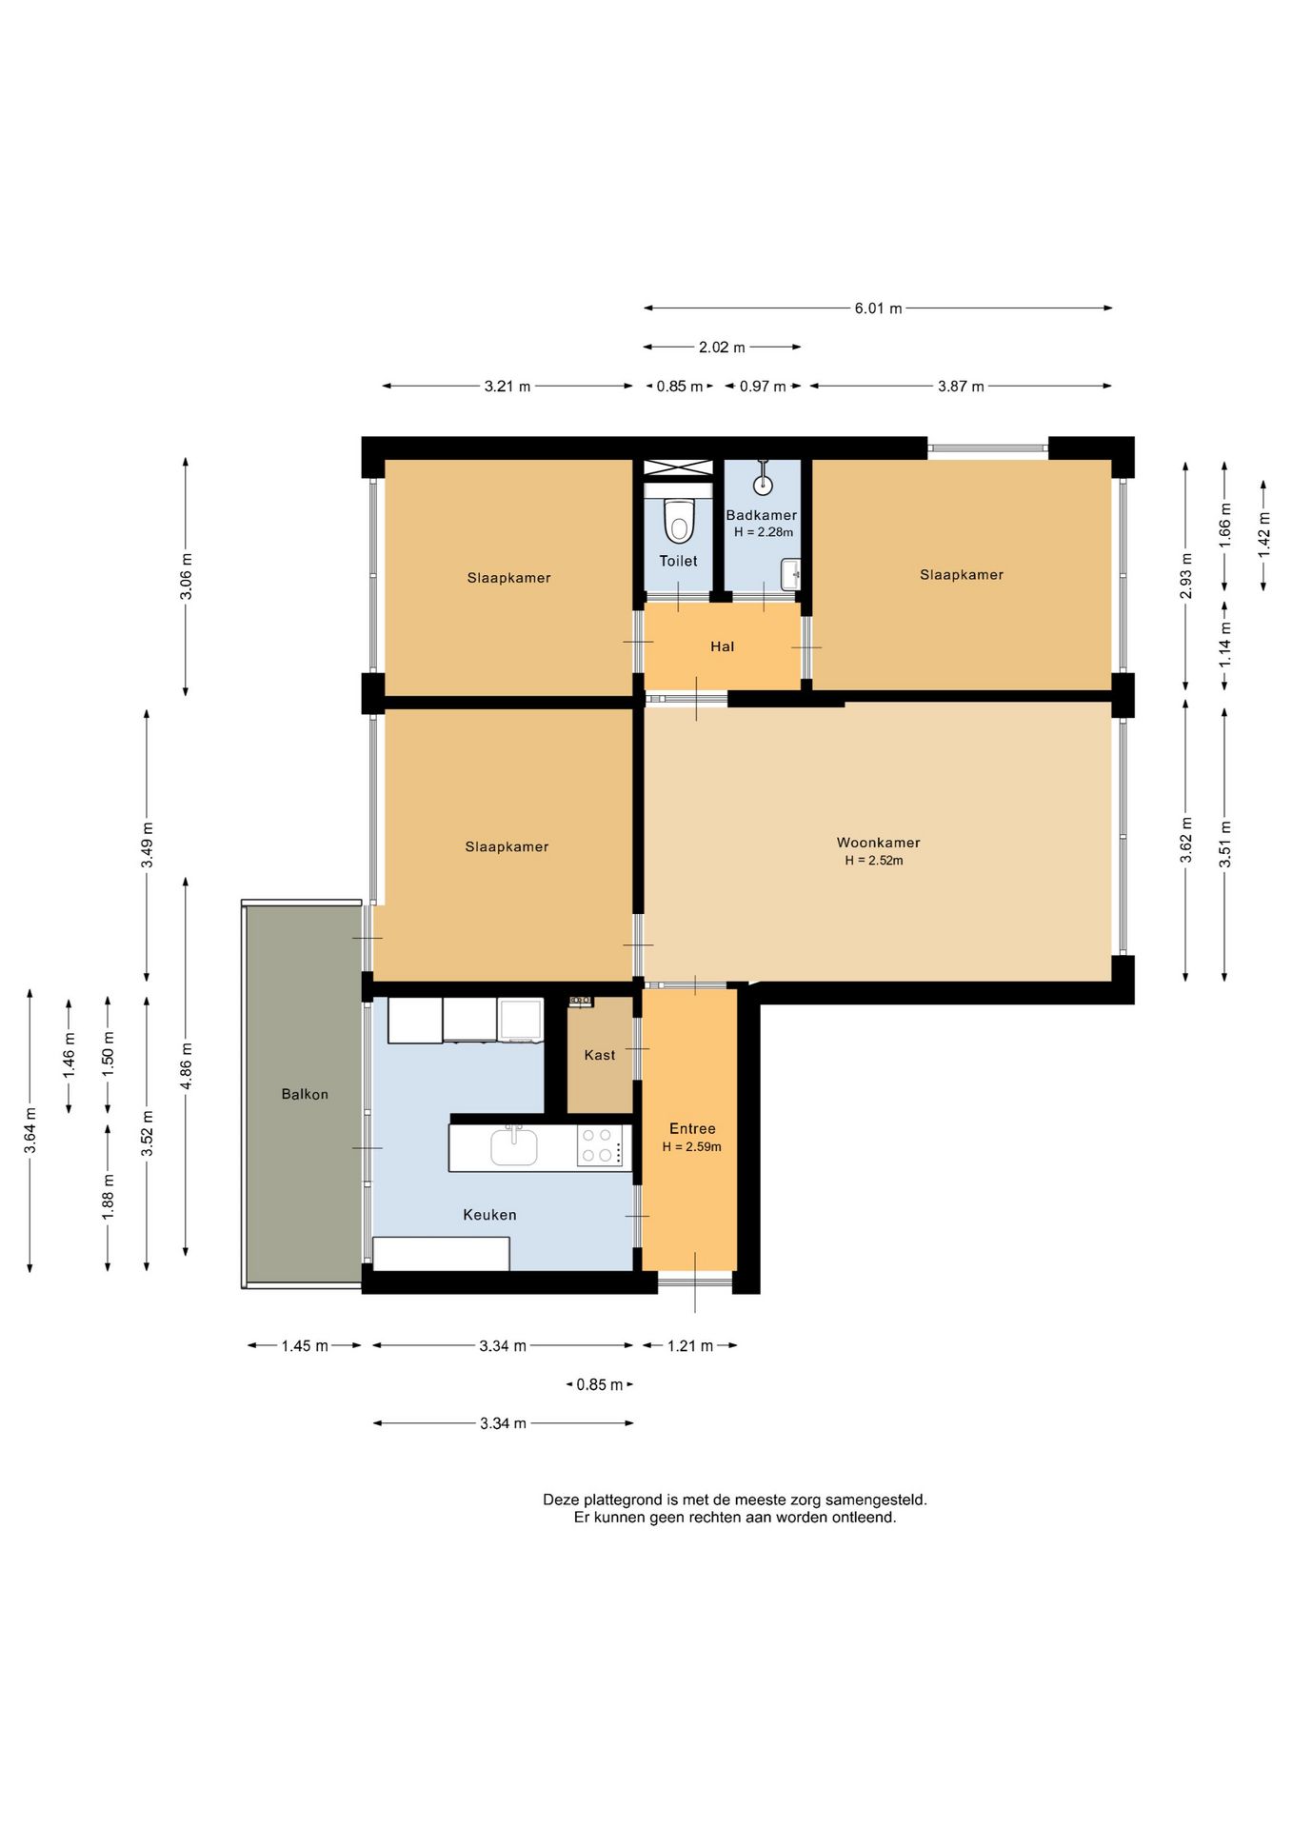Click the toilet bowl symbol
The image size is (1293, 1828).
[x=678, y=521]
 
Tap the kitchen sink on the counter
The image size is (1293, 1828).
[x=514, y=1146]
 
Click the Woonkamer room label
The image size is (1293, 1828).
[x=878, y=843]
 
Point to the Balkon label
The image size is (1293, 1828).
[x=305, y=1094]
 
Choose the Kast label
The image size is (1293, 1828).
[x=600, y=1055]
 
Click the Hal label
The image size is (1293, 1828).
[x=723, y=646]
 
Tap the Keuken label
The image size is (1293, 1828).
[x=489, y=1215]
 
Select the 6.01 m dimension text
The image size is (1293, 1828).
[x=878, y=308]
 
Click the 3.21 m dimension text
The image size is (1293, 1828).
[x=507, y=387]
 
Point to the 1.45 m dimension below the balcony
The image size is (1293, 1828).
[x=305, y=1346]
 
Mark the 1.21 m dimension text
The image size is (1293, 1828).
[x=690, y=1346]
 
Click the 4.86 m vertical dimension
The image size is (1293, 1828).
[x=187, y=1066]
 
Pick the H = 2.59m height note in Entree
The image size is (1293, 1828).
[x=692, y=1147]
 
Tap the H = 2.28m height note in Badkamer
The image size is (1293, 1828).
[x=764, y=532]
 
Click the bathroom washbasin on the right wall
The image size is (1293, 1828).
[x=790, y=574]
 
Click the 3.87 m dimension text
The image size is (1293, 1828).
[x=961, y=387]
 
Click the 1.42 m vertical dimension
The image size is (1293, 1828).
[x=1264, y=535]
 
